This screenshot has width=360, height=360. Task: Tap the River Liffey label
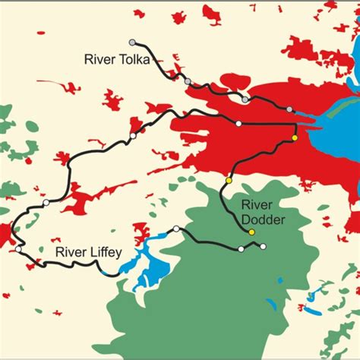[x=86, y=252]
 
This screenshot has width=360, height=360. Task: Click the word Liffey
[x=102, y=252]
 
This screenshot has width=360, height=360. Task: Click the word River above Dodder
[x=257, y=204]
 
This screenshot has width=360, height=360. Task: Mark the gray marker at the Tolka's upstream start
[x=133, y=42]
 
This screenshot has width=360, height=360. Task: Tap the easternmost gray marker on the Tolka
[x=289, y=109]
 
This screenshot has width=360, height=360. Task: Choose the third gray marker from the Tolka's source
[x=245, y=99]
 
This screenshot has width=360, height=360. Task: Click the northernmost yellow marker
[x=295, y=138]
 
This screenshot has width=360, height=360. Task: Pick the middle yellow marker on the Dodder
[x=229, y=181]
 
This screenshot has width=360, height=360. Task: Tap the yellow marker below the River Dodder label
[x=252, y=232]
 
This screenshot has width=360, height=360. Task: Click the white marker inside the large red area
[x=238, y=123]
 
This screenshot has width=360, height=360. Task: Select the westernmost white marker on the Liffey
[x=17, y=248]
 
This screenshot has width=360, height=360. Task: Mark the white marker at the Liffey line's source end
[x=264, y=245]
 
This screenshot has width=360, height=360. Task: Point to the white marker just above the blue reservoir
[x=176, y=229]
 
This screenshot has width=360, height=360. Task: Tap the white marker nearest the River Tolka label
[x=133, y=136]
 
